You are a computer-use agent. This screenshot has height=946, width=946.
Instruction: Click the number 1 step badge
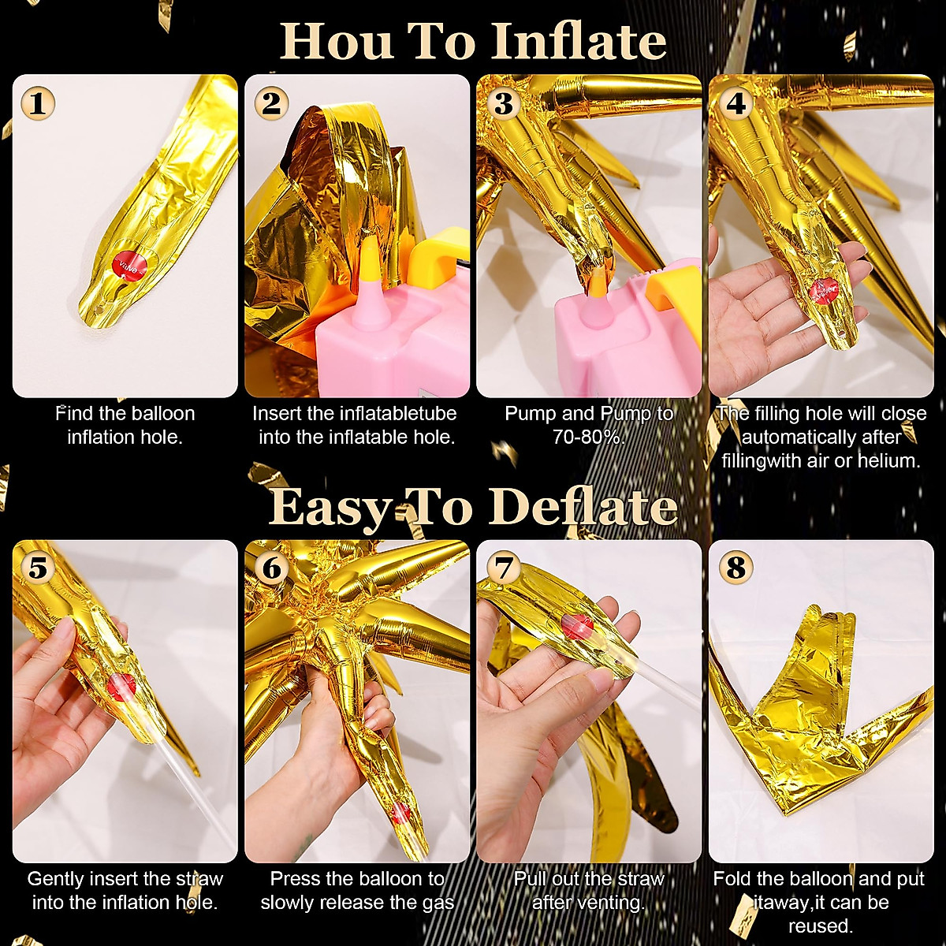(x=38, y=102)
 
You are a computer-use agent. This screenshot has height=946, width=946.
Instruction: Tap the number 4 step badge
(x=736, y=103)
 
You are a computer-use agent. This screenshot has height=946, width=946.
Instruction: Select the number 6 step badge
(x=271, y=568)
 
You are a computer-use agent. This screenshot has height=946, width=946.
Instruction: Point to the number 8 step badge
(x=736, y=568)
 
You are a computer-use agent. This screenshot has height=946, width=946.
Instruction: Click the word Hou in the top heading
(x=337, y=41)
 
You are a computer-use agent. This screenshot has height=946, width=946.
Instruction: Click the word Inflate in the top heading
(x=579, y=41)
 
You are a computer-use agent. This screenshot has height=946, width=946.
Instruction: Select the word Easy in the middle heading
(x=331, y=508)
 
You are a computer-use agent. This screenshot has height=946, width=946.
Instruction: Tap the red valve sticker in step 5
(x=121, y=687)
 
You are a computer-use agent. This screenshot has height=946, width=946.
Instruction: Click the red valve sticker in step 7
(x=577, y=627)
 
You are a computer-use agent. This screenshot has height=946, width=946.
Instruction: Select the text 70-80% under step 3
(x=589, y=438)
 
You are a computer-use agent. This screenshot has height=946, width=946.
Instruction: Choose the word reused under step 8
(x=820, y=926)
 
